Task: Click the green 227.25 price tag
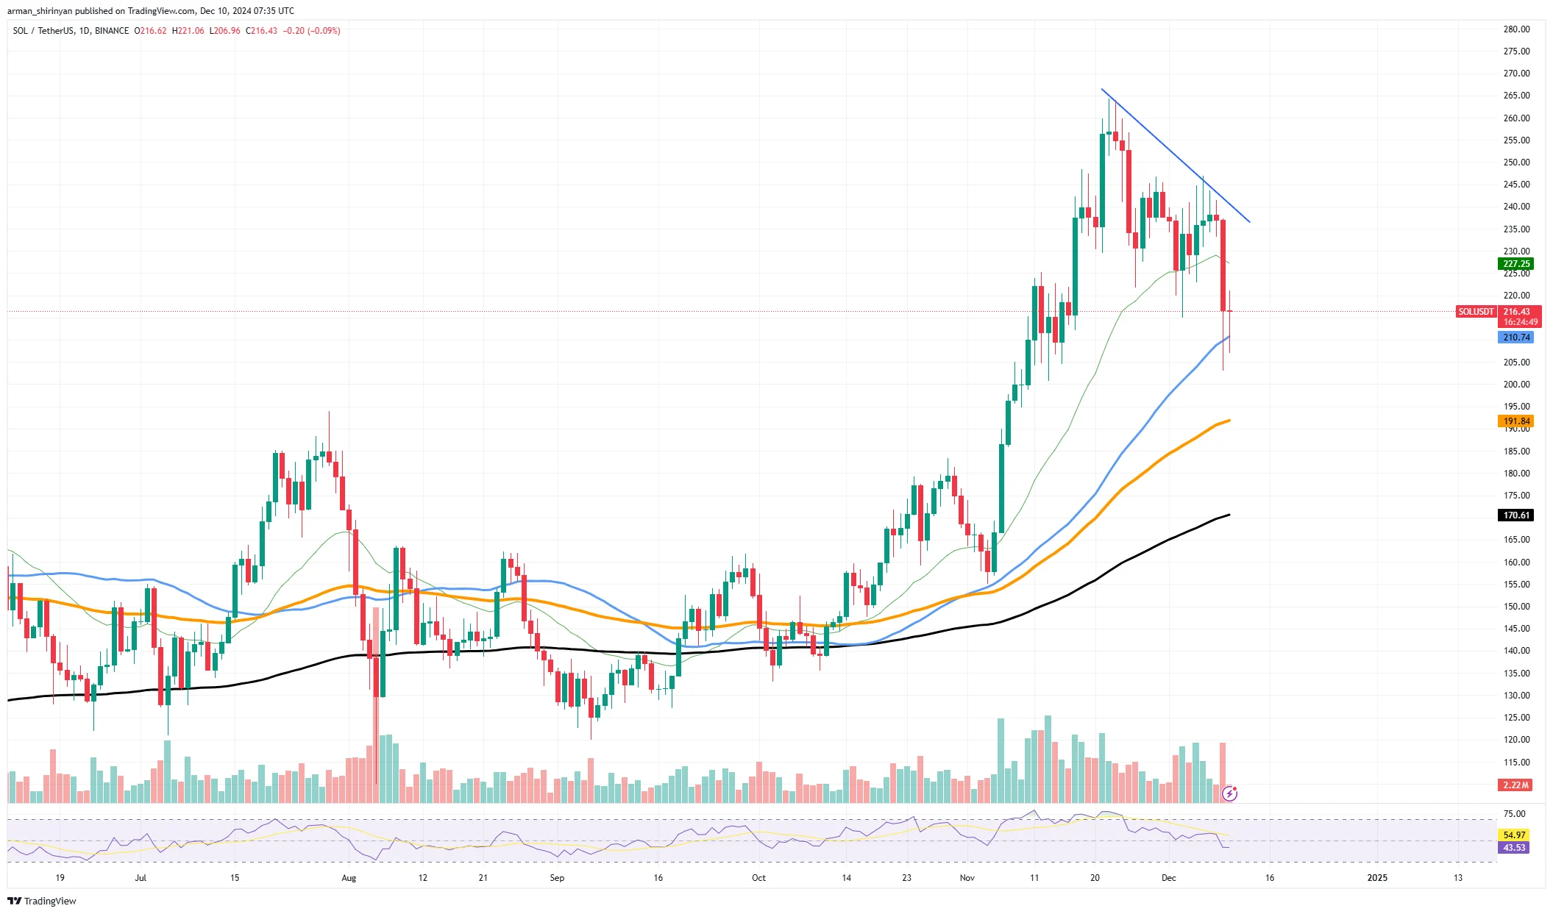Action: pyautogui.click(x=1515, y=264)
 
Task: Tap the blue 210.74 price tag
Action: pyautogui.click(x=1515, y=338)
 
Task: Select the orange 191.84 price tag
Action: pyautogui.click(x=1515, y=421)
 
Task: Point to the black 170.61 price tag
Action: pyautogui.click(x=1515, y=515)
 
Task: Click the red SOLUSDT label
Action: pyautogui.click(x=1476, y=312)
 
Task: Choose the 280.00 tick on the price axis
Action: pyautogui.click(x=1516, y=29)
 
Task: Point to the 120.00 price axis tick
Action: pyautogui.click(x=1516, y=740)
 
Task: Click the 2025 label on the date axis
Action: pyautogui.click(x=1376, y=878)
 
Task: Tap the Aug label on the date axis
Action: pyautogui.click(x=349, y=878)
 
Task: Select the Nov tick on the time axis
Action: pyautogui.click(x=967, y=878)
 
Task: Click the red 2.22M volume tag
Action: pyautogui.click(x=1515, y=785)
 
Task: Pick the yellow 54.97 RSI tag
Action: pyautogui.click(x=1514, y=835)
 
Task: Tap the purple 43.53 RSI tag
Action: pyautogui.click(x=1514, y=848)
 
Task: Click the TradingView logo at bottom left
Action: pyautogui.click(x=42, y=901)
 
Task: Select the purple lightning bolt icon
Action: pyautogui.click(x=1229, y=793)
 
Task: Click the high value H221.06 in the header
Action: pyautogui.click(x=188, y=31)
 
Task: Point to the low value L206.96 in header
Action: pyautogui.click(x=225, y=31)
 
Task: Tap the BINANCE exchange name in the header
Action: pyautogui.click(x=112, y=31)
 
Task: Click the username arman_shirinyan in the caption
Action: pyautogui.click(x=40, y=11)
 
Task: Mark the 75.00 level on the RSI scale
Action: pyautogui.click(x=1514, y=814)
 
